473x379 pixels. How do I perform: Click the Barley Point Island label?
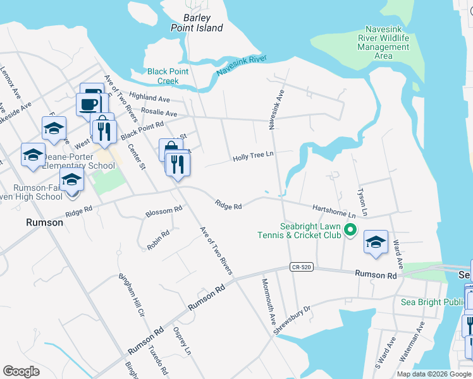(197, 23)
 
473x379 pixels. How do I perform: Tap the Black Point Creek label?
(168, 76)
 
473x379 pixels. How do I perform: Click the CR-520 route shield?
(302, 267)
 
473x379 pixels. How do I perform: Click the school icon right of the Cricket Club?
(376, 242)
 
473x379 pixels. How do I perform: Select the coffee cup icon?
(89, 103)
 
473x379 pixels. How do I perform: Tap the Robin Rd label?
(158, 240)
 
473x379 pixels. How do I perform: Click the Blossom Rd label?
(164, 210)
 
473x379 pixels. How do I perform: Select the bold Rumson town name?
(44, 222)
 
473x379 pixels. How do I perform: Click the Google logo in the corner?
(21, 371)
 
